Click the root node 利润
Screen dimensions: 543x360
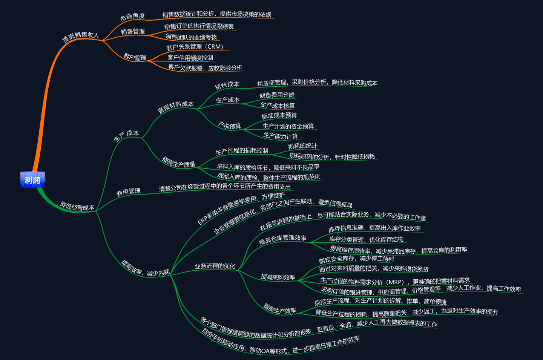pos(32,180)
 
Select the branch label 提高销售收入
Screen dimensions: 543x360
pos(80,37)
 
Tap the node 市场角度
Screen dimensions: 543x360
pos(132,17)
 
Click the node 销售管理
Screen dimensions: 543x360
pos(133,31)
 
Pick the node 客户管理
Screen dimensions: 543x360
pos(135,57)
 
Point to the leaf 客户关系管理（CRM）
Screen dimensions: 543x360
pos(195,47)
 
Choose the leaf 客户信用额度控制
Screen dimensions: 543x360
pos(190,58)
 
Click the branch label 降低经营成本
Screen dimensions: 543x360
pos(77,206)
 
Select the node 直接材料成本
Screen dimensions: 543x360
pos(175,107)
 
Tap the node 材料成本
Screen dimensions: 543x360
pos(227,85)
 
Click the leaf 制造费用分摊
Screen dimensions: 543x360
pos(277,95)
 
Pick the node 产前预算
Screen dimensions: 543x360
pos(229,125)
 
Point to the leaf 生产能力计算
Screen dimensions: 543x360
pos(280,136)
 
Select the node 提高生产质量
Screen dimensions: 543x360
pos(179,162)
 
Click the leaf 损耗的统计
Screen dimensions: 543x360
pos(302,146)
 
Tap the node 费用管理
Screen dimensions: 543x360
pos(128,192)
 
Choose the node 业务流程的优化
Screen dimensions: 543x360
pos(215,266)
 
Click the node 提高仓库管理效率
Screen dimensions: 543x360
pos(282,239)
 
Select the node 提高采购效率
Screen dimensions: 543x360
pos(278,277)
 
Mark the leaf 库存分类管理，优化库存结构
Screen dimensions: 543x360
pos(366,239)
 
